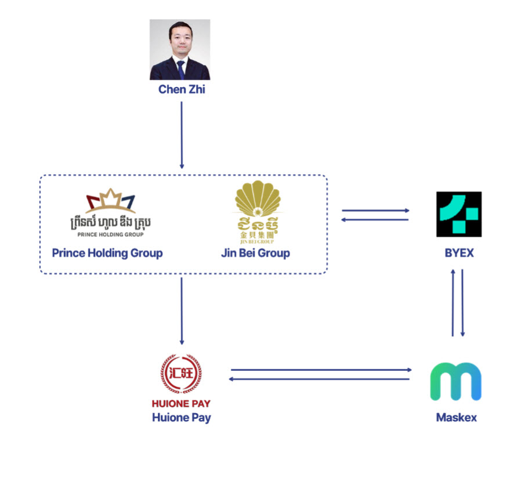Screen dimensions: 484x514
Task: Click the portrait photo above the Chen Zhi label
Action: tap(180, 49)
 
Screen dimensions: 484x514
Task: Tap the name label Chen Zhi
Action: tap(182, 90)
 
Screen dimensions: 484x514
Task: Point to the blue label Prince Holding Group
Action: tap(107, 253)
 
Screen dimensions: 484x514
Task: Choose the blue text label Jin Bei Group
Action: tap(255, 253)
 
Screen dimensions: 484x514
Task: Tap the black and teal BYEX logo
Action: tap(459, 214)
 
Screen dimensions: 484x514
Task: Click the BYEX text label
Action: tap(459, 254)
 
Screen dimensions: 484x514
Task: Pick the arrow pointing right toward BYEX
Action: tap(376, 211)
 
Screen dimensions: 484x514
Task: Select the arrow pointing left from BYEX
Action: tap(376, 219)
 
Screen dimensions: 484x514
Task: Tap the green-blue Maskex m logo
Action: tap(455, 381)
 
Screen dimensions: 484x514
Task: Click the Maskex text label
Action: tap(456, 417)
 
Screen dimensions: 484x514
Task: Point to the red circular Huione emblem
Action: tap(181, 373)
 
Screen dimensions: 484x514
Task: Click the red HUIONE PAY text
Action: tap(181, 404)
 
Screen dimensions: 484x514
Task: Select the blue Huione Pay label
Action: tap(181, 417)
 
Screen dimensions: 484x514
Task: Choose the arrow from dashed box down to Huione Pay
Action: tap(182, 310)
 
